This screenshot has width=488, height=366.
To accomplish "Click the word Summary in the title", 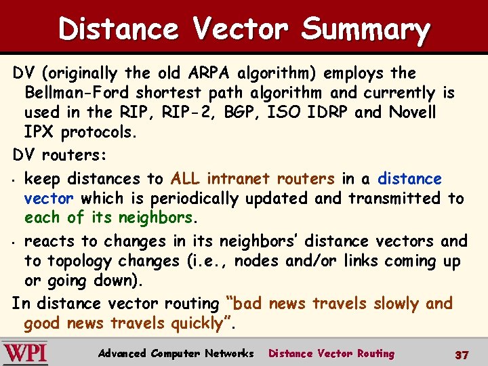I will point(365,29).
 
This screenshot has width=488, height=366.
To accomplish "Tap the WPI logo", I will point(25,353).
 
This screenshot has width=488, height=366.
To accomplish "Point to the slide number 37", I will point(462,354).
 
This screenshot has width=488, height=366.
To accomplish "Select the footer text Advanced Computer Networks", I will point(176,353).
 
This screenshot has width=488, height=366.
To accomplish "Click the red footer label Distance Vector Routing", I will point(331,353).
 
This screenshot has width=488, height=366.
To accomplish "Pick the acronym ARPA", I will point(209,73).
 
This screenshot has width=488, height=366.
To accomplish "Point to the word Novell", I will point(413,112).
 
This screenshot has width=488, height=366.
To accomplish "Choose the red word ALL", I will point(185,179).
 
